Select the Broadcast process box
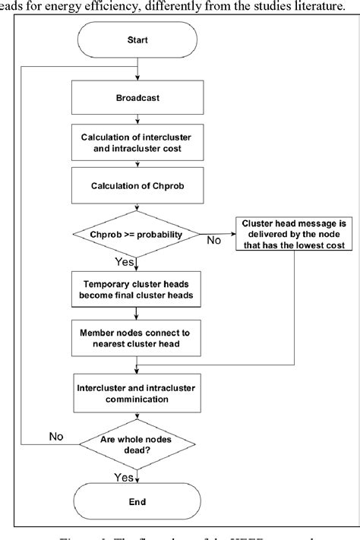pyautogui.click(x=136, y=98)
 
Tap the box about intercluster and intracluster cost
pyautogui.click(x=136, y=142)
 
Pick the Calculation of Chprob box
pyautogui.click(x=136, y=185)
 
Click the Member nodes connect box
pyautogui.click(x=136, y=336)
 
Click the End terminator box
pyautogui.click(x=136, y=501)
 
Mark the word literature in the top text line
pyautogui.click(x=325, y=6)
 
